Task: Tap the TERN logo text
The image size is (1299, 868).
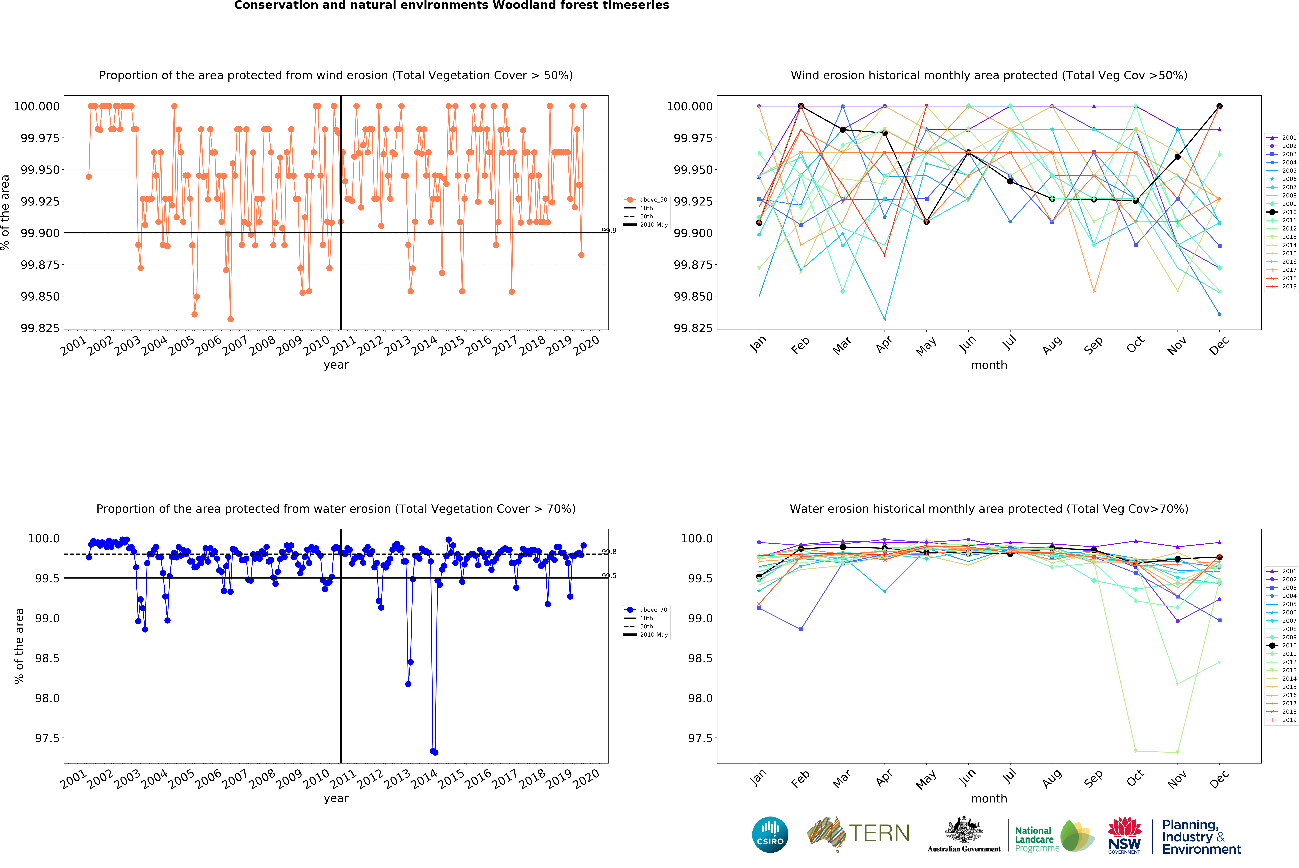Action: coord(879,833)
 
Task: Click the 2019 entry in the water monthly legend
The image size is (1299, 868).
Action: coord(1282,720)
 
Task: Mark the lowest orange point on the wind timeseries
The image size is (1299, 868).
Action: coord(230,319)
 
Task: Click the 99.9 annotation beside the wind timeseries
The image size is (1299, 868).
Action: coord(609,230)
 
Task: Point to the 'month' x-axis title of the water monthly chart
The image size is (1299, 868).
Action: coord(988,798)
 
